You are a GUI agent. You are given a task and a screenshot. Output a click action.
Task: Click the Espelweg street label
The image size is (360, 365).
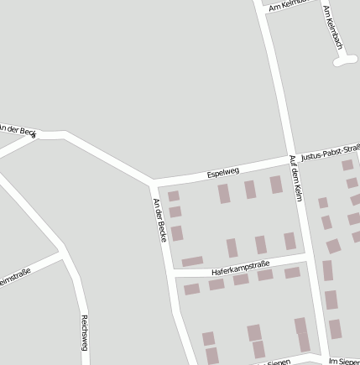click(223, 173)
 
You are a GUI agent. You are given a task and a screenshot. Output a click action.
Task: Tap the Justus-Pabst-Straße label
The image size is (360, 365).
click(330, 152)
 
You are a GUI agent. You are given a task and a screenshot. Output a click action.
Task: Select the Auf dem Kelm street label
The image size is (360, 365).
click(295, 178)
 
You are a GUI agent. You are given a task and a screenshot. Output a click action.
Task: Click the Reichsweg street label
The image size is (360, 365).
click(85, 331)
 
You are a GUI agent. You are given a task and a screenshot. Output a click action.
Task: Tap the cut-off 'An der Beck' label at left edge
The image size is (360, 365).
click(18, 130)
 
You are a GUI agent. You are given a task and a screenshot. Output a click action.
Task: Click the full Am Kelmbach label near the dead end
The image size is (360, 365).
click(332, 27)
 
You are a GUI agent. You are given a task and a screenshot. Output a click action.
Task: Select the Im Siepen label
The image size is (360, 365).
click(344, 361)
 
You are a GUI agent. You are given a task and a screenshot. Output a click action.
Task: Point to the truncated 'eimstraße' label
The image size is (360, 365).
click(15, 278)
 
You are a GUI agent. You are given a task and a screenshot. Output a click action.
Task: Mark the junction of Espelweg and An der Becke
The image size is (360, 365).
click(153, 182)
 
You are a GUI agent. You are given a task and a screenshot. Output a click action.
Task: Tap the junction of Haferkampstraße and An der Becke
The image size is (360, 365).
click(174, 274)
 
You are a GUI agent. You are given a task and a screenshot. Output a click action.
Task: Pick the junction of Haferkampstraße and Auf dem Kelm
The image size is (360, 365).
click(307, 261)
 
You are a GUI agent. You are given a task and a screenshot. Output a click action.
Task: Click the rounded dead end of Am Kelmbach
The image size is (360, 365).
click(343, 60)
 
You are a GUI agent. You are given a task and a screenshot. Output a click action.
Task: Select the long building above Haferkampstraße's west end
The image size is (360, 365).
click(192, 261)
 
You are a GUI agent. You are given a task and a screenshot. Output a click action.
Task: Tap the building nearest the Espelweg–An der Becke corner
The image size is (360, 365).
click(173, 196)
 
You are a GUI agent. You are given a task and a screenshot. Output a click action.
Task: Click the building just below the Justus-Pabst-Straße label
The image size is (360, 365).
click(347, 165)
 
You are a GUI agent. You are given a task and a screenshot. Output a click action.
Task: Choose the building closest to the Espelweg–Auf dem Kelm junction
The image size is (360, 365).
click(276, 185)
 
